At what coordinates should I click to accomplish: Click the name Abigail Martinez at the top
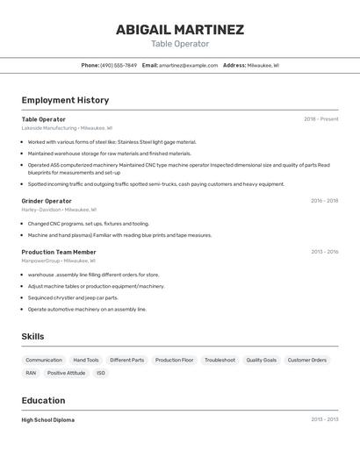[180, 30]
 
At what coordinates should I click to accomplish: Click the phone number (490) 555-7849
[119, 65]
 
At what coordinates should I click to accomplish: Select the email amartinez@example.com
[188, 65]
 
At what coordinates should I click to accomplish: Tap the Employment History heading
[65, 100]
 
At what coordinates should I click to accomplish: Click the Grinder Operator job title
[47, 201]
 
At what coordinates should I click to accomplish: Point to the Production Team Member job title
[59, 252]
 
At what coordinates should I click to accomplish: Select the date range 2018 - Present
[320, 119]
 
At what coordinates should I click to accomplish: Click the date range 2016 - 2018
[324, 201]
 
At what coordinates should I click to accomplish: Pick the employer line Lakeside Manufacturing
[49, 128]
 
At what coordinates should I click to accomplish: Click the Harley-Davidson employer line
[41, 210]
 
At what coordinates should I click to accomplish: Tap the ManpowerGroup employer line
[40, 261]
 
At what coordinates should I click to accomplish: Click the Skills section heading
[32, 336]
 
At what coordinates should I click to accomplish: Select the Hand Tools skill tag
[86, 360]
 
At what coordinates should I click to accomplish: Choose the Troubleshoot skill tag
[220, 360]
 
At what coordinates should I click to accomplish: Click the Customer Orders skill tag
[306, 360]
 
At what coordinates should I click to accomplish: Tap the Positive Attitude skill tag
[66, 373]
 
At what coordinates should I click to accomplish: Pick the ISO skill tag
[101, 373]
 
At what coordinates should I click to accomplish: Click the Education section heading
[43, 400]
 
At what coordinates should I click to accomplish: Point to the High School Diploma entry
[47, 420]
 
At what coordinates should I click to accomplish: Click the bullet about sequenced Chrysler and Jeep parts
[72, 297]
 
